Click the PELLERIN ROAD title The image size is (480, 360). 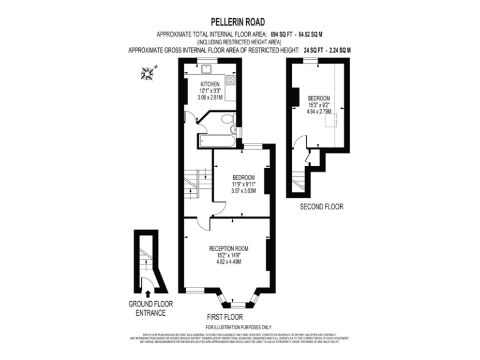pyautogui.click(x=240, y=21)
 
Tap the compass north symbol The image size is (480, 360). pyautogui.click(x=147, y=74)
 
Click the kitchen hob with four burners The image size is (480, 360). pyautogui.click(x=230, y=80)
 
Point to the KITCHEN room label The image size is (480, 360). pyautogui.click(x=209, y=84)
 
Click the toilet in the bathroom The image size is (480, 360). pyautogui.click(x=227, y=118)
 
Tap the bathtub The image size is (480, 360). pyautogui.click(x=216, y=141)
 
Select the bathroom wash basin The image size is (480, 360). pyautogui.click(x=232, y=130)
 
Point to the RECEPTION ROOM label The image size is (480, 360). pyautogui.click(x=229, y=248)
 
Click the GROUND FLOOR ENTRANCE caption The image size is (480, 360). pyautogui.click(x=151, y=308)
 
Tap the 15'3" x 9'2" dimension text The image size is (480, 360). pyautogui.click(x=319, y=106)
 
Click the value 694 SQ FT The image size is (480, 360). pyautogui.click(x=285, y=33)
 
